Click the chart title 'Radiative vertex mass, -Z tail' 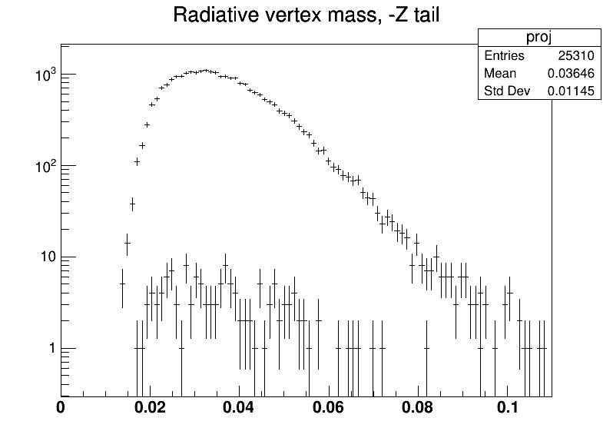[x=306, y=15]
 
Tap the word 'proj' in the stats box [x=539, y=38]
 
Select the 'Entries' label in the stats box [x=504, y=55]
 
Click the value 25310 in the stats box [x=576, y=55]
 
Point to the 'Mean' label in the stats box [x=500, y=73]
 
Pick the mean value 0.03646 [x=571, y=73]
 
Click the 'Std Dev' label [x=507, y=91]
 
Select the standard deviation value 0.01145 [x=571, y=91]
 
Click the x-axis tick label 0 [x=61, y=407]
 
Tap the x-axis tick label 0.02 [x=150, y=407]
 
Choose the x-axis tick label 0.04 [x=238, y=407]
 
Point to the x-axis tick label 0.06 [x=329, y=407]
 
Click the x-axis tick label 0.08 [x=418, y=407]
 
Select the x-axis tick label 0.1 [x=508, y=407]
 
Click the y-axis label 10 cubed [x=46, y=75]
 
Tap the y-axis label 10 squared [x=46, y=166]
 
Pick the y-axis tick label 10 [x=48, y=257]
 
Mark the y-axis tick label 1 [x=52, y=348]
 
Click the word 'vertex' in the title [x=293, y=15]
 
